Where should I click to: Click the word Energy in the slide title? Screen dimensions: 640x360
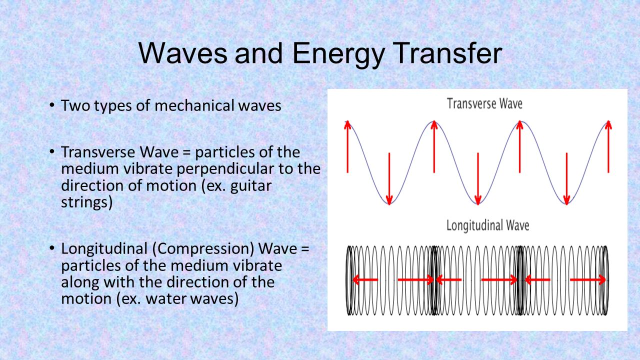coord(338,54)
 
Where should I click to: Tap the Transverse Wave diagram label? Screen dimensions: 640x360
coord(484,103)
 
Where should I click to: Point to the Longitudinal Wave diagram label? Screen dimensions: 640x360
coord(487,225)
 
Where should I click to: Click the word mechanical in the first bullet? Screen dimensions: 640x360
coord(194,105)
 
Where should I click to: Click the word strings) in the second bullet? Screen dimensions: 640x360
coord(87,203)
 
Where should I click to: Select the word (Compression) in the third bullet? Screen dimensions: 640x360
coord(203,249)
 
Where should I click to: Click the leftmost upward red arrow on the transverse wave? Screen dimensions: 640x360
coord(347,146)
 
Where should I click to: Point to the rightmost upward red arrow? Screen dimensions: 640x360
coord(608,146)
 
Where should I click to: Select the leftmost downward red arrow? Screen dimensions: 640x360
coord(389,178)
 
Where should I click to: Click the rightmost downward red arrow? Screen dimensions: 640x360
coord(566,178)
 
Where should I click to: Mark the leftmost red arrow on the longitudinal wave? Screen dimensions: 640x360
coord(365,279)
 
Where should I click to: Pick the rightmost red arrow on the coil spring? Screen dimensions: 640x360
coord(588,279)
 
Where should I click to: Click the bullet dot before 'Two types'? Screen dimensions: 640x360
coord(51,105)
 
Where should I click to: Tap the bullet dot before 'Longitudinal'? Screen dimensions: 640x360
coord(51,247)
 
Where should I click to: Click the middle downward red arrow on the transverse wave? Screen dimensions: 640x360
coord(478,178)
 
